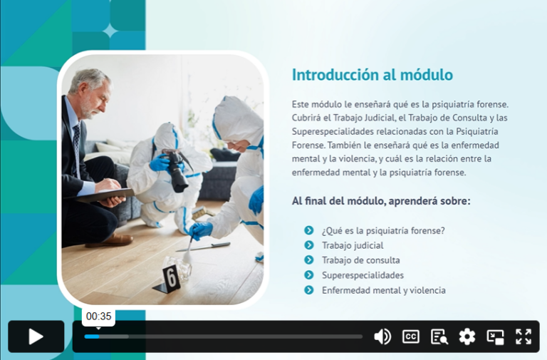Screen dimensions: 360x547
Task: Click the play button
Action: pyautogui.click(x=36, y=336)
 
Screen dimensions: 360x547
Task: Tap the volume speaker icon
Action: pyautogui.click(x=382, y=336)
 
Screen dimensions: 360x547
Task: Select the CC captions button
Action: pyautogui.click(x=411, y=336)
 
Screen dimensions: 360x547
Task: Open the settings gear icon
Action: pyautogui.click(x=467, y=336)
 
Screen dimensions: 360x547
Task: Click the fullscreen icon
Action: pyautogui.click(x=523, y=336)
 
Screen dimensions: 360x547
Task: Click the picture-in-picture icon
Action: pyautogui.click(x=495, y=336)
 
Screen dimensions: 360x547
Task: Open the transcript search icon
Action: pyautogui.click(x=439, y=336)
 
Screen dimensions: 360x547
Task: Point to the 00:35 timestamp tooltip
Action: pyautogui.click(x=99, y=317)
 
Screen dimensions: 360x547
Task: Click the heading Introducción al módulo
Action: pyautogui.click(x=372, y=75)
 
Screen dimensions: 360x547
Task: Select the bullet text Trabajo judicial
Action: pyautogui.click(x=352, y=245)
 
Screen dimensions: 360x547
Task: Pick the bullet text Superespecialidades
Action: pyautogui.click(x=363, y=275)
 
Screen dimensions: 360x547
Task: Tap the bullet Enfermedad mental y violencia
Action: pyautogui.click(x=383, y=290)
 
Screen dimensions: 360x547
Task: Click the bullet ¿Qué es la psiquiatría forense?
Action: pyautogui.click(x=383, y=230)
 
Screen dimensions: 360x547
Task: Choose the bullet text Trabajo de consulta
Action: pyautogui.click(x=360, y=260)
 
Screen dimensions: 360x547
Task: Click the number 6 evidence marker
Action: pyautogui.click(x=170, y=277)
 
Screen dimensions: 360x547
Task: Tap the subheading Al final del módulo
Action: pyautogui.click(x=380, y=201)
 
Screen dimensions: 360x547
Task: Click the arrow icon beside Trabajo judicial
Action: pyautogui.click(x=308, y=245)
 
